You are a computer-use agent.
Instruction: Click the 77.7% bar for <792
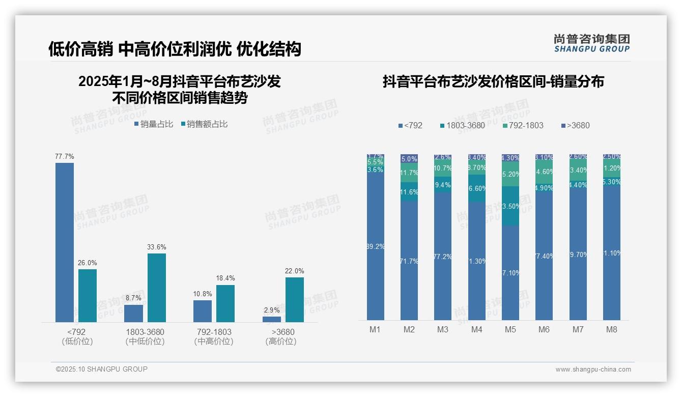pyautogui.click(x=65, y=242)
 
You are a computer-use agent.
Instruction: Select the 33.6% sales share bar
pyautogui.click(x=157, y=288)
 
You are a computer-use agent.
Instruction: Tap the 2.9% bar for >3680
pyautogui.click(x=272, y=319)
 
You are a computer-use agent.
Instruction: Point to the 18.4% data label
pyautogui.click(x=225, y=278)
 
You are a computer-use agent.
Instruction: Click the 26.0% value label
pyautogui.click(x=88, y=263)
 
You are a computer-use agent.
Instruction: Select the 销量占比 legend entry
pyautogui.click(x=154, y=124)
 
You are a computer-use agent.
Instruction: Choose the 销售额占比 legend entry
pyautogui.click(x=204, y=124)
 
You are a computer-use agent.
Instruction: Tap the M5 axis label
pyautogui.click(x=510, y=329)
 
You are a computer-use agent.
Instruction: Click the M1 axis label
pyautogui.click(x=375, y=329)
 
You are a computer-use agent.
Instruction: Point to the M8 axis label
pyautogui.click(x=612, y=329)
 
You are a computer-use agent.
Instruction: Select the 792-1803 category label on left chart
pyautogui.click(x=214, y=332)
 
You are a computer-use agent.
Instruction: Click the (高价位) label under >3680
pyautogui.click(x=281, y=342)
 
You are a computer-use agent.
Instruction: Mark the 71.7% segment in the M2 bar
pyautogui.click(x=409, y=261)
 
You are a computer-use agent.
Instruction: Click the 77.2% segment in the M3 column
pyautogui.click(x=443, y=256)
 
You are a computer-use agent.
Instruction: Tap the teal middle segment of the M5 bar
pyautogui.click(x=510, y=206)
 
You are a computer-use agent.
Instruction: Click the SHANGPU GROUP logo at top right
pyautogui.click(x=592, y=43)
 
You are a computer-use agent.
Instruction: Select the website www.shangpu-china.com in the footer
pyautogui.click(x=593, y=370)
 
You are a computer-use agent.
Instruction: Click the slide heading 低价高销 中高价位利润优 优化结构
pyautogui.click(x=175, y=49)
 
